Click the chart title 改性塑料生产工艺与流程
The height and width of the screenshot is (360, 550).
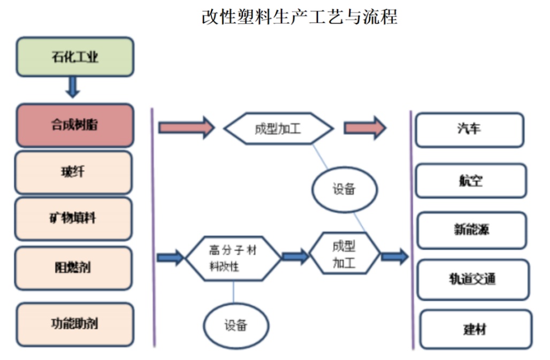coord(299,17)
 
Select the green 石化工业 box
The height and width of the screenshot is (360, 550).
coord(75,57)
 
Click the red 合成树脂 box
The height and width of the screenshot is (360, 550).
coord(75,125)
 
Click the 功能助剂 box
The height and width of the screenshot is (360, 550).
coord(75,324)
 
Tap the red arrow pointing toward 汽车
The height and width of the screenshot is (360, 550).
coord(364,128)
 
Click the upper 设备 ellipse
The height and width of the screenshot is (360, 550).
coord(345,189)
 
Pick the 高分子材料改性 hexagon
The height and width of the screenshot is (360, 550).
coord(233,258)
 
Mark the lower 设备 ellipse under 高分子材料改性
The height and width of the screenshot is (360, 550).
coord(236,325)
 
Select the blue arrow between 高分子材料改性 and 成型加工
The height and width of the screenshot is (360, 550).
coord(295,257)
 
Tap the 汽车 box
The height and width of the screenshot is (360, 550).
coord(469,129)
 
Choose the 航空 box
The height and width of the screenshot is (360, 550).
coord(471,181)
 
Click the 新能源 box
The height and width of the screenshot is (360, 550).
coord(472,230)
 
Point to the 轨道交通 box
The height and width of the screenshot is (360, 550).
coord(473,279)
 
